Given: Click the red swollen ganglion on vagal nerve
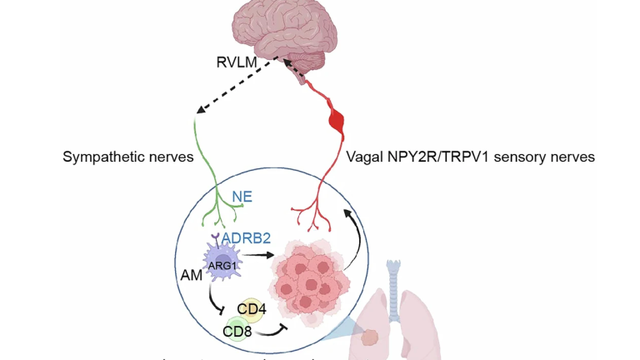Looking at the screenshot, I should point(337,122).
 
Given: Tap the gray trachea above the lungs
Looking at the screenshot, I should point(396,279).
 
